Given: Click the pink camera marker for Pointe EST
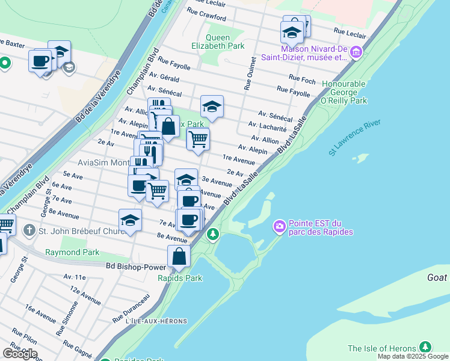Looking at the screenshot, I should pyautogui.click(x=280, y=227).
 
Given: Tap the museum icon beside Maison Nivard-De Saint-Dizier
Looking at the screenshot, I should pyautogui.click(x=356, y=53).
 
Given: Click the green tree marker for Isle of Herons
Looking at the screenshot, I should pyautogui.click(x=425, y=347).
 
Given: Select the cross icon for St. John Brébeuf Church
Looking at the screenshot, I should pyautogui.click(x=29, y=230).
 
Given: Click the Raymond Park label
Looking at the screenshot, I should pyautogui.click(x=72, y=252).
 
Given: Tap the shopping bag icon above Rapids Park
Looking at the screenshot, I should pyautogui.click(x=179, y=256).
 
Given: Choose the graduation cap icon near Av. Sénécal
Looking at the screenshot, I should pyautogui.click(x=212, y=106).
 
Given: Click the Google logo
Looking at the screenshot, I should pyautogui.click(x=20, y=354).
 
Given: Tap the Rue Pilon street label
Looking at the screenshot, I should pyautogui.click(x=25, y=336).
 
